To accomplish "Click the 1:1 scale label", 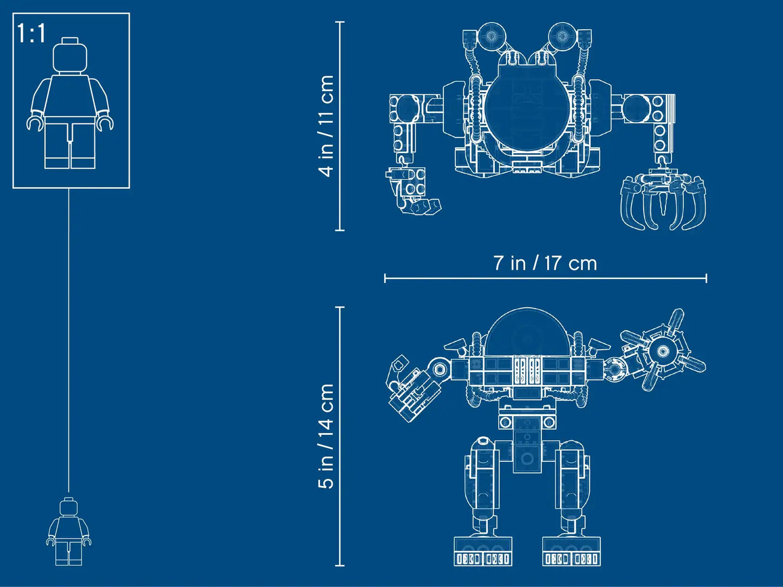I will pos(31,34).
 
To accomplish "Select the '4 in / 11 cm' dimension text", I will pos(326,126).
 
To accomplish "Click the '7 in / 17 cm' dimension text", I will pos(545,263).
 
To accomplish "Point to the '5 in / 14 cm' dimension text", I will pos(326,436).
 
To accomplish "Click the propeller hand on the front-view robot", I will pos(662,351).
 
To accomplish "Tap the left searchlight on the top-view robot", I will pos(491,36).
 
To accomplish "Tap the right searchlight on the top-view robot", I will pos(563,36).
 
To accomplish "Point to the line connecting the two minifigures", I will pos(69,341).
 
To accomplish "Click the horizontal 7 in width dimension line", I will pos(545,278).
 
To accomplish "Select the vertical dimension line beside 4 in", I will pos(340,126).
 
